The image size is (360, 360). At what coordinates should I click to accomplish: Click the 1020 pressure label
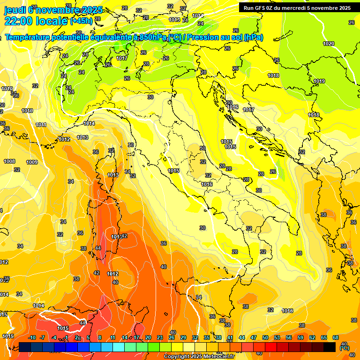(329, 44)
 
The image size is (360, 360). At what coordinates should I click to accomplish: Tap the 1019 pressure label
(319, 81)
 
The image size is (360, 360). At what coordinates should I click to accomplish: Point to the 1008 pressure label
(9, 161)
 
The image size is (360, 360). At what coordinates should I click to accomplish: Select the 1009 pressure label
(32, 162)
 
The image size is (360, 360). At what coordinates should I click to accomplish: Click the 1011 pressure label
(41, 125)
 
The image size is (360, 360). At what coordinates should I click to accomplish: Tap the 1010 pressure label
(7, 89)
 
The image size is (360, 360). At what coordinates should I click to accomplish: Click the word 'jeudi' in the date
(15, 10)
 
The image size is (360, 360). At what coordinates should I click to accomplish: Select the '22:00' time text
(19, 21)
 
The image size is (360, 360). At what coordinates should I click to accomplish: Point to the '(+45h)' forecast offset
(81, 21)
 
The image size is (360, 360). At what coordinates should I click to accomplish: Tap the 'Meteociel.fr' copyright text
(218, 357)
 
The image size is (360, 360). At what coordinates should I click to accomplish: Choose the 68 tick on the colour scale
(336, 337)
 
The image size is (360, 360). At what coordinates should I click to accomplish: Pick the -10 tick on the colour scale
(32, 337)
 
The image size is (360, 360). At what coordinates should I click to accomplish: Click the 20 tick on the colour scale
(148, 337)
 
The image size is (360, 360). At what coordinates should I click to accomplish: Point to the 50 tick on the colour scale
(265, 337)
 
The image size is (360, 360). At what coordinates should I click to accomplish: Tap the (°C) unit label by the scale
(345, 348)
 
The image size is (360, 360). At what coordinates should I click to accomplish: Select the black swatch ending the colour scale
(330, 347)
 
